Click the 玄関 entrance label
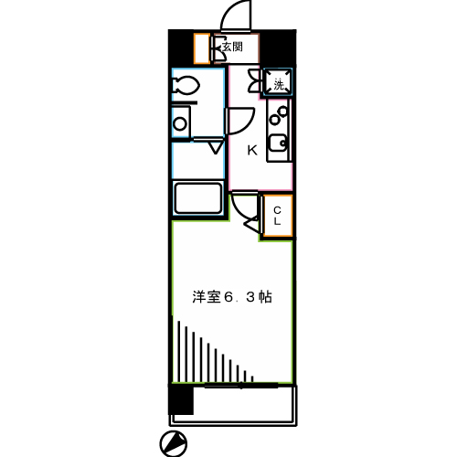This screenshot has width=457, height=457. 231,47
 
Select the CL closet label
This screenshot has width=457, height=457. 278,217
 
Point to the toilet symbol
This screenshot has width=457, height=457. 186,87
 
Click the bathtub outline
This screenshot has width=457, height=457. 198,197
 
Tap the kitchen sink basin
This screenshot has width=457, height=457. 280,143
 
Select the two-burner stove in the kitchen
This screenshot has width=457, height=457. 279,114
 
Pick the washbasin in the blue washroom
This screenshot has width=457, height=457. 181,121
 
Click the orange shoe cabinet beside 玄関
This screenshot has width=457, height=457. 202,47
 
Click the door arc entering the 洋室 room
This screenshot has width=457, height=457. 242,213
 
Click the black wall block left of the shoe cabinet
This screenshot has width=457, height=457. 180,47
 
